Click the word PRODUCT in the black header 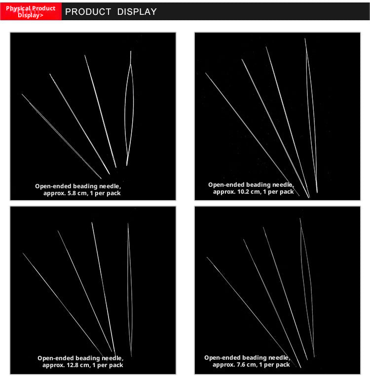coord(88,11)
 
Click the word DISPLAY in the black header coord(137,11)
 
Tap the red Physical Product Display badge coord(31,11)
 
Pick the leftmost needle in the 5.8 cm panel coord(61,136)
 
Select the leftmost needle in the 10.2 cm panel coord(252,134)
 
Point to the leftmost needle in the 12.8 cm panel coord(65,307)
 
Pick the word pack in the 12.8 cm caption coord(116,366)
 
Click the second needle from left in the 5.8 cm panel coord(80,124)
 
